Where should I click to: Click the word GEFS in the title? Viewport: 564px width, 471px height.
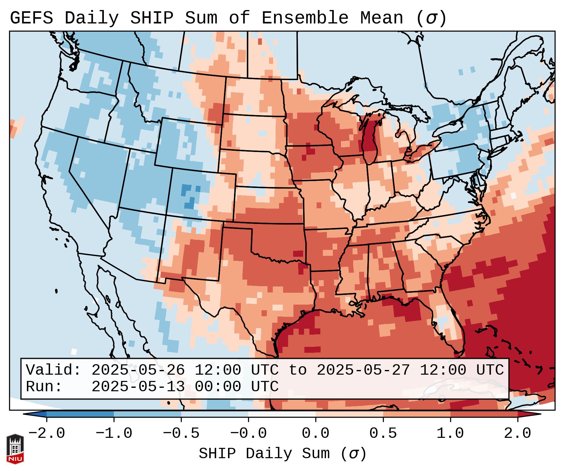tap(31, 18)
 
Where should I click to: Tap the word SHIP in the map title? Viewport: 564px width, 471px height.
tap(151, 18)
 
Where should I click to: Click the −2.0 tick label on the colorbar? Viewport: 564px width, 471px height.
tap(46, 433)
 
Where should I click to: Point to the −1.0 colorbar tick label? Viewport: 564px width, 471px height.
tap(114, 433)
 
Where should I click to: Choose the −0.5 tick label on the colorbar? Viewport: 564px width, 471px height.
tap(181, 433)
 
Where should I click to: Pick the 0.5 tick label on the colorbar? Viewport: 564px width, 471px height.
tap(383, 433)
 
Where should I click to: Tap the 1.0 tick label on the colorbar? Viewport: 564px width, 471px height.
tap(450, 433)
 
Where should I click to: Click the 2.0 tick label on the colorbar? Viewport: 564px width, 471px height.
tap(517, 433)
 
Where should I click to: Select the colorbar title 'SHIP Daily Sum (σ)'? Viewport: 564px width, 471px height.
tap(282, 454)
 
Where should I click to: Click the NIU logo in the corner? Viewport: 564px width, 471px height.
tap(15, 449)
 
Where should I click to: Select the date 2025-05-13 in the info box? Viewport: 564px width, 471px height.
tap(138, 387)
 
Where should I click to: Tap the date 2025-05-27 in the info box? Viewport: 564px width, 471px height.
tap(363, 370)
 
